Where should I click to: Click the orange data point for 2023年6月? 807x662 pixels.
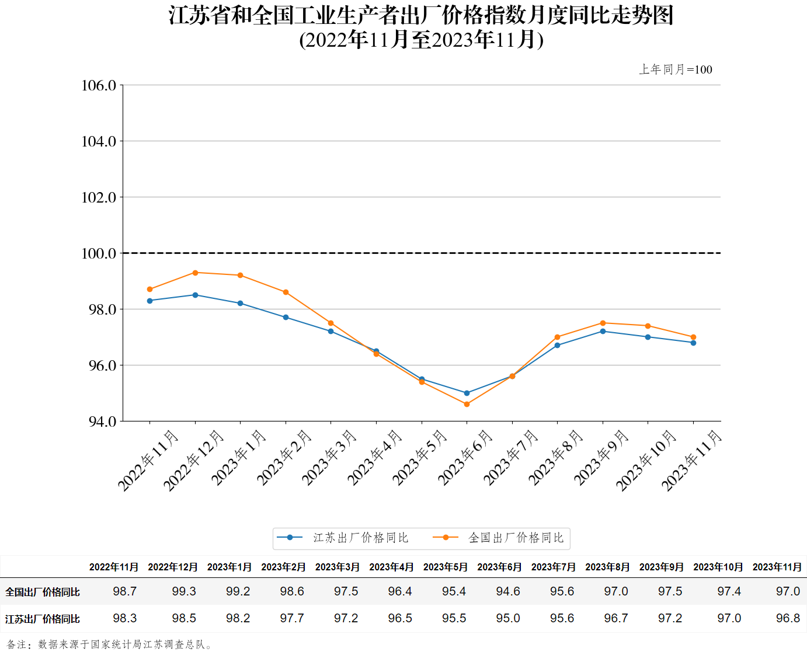467,404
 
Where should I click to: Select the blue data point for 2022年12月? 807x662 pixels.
195,295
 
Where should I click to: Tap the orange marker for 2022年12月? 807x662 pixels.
195,273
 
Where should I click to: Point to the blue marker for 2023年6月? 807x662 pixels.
467,393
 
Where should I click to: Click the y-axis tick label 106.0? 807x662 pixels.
99,86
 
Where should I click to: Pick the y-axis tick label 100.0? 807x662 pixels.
99,253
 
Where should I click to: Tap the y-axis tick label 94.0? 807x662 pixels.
102,421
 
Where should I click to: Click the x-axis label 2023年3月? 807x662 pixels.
329,458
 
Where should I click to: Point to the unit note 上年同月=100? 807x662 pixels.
676,69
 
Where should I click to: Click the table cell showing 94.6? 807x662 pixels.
508,591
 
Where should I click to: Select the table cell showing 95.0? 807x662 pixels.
508,618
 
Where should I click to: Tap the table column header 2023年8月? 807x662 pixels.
607,567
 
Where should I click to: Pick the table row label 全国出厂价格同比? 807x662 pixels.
43,592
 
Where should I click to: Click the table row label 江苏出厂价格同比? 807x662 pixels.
43,619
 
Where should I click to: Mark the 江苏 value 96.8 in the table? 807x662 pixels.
788,618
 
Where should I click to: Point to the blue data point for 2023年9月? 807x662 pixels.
603,331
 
